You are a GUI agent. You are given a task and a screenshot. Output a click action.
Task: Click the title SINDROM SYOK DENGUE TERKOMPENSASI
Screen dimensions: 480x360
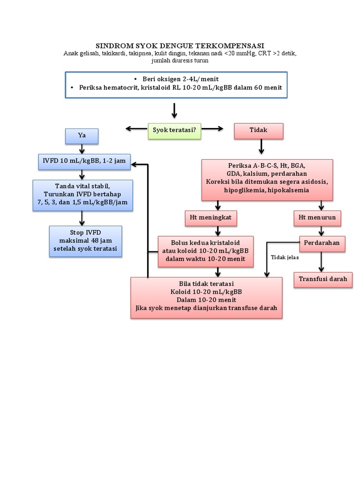(180, 46)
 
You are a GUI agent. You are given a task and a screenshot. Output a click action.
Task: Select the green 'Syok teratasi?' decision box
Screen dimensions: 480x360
(174, 131)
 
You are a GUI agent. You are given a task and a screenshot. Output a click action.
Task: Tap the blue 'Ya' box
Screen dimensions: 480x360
(82, 136)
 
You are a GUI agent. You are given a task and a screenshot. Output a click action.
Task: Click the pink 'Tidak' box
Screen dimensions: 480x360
(259, 131)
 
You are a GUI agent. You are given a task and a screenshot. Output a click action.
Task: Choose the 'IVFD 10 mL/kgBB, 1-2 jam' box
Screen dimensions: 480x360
(84, 161)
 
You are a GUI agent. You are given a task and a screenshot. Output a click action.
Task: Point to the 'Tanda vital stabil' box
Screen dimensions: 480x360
(83, 195)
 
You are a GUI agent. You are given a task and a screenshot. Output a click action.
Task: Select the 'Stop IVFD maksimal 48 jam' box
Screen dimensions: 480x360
(85, 241)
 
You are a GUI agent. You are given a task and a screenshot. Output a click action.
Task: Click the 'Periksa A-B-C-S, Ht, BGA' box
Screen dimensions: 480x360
(267, 179)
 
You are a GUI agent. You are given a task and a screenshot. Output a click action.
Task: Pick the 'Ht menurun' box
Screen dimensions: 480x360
(317, 217)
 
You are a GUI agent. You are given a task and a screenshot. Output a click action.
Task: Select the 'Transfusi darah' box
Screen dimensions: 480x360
(323, 279)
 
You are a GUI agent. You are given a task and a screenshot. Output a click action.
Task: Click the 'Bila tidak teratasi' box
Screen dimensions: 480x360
(206, 297)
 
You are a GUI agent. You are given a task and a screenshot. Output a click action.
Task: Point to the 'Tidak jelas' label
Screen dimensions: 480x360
(285, 257)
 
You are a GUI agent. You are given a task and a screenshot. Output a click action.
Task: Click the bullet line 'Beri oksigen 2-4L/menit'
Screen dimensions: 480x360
(176, 79)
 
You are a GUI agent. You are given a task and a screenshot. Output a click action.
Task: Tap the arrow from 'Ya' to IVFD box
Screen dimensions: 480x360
(82, 149)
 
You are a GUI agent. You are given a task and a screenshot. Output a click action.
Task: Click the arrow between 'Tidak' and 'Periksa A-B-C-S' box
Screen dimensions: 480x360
(262, 147)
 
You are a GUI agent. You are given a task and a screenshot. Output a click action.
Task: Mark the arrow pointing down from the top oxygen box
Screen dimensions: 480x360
(174, 110)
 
